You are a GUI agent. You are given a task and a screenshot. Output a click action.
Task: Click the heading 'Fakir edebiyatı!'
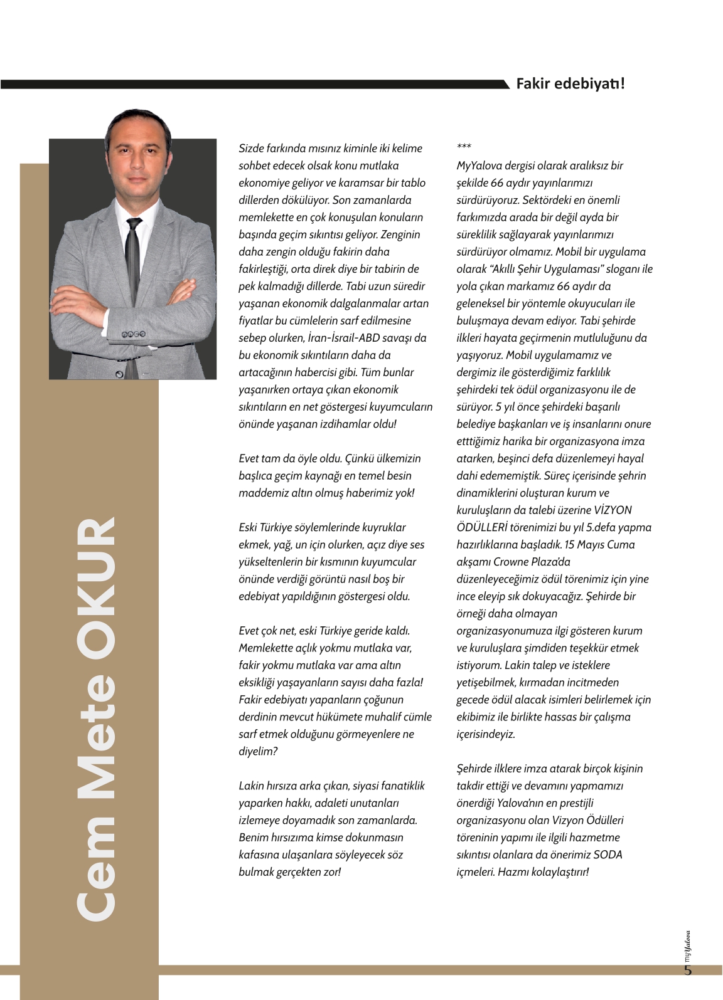[x=570, y=83]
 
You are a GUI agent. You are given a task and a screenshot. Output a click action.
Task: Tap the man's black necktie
[x=132, y=251]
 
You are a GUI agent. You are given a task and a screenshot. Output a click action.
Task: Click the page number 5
[x=688, y=971]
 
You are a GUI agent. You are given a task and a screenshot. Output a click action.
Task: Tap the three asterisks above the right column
[x=464, y=147]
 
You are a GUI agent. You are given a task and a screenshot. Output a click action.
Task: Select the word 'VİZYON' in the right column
[x=613, y=510]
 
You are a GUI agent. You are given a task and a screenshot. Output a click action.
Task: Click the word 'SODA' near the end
[x=608, y=855]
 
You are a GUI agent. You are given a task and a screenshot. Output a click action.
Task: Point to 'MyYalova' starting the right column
[x=479, y=166]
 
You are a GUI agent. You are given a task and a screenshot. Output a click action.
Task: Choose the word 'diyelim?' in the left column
[x=258, y=751]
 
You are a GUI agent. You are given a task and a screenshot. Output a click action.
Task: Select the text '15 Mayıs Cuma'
[x=599, y=545]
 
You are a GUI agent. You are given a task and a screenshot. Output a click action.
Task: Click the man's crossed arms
[x=132, y=292]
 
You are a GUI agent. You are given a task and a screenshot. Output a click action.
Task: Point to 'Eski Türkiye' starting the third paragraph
[x=269, y=527]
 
